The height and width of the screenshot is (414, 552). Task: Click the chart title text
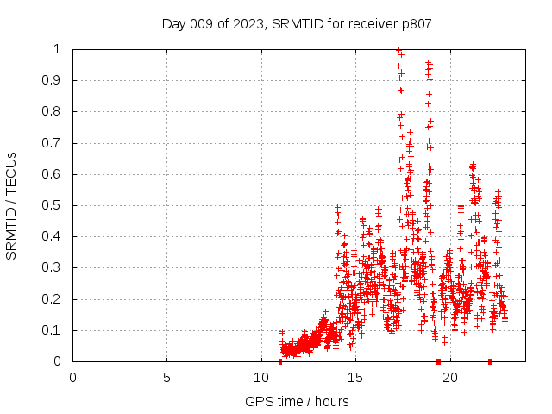(x=297, y=23)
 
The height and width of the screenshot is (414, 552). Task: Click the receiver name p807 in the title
(x=414, y=23)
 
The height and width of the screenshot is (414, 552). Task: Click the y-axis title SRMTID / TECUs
(x=11, y=205)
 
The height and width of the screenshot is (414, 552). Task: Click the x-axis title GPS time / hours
(x=297, y=401)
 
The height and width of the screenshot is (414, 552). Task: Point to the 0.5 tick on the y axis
(x=56, y=205)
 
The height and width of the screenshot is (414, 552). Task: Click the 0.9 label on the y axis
(x=56, y=80)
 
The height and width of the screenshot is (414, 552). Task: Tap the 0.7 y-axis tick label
(x=56, y=143)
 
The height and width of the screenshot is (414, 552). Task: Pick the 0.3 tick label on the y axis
(x=56, y=268)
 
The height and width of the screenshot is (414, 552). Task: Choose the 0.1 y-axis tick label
(x=56, y=330)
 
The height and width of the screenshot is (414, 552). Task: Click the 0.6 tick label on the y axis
(x=56, y=174)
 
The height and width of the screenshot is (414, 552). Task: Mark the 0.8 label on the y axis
(x=56, y=111)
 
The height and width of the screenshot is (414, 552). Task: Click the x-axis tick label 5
(x=166, y=377)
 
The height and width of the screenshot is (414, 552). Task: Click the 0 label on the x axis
(x=72, y=377)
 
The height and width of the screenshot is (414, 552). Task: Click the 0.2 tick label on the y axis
(x=56, y=299)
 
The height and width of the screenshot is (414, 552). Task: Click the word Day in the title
(x=173, y=23)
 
